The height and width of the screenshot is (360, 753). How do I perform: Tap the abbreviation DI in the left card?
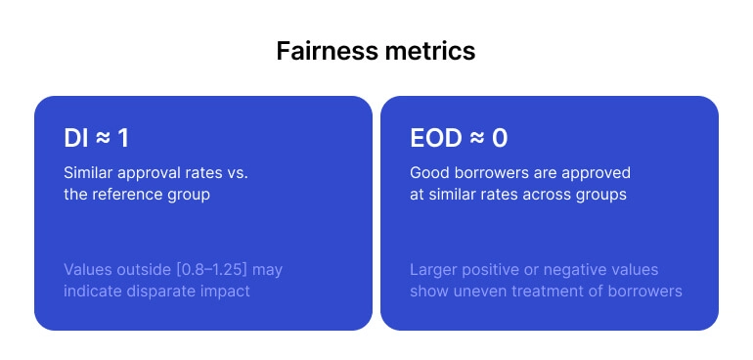[x=75, y=139]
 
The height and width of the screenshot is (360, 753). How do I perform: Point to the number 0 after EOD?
[x=499, y=139]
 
